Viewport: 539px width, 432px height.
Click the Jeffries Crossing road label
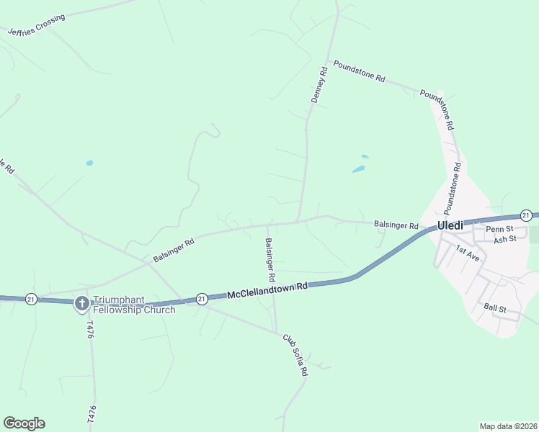tap(35, 24)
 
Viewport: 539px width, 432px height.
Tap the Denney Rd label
tap(320, 85)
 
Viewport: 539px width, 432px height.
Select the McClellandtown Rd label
tap(268, 290)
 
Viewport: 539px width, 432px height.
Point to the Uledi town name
tap(450, 226)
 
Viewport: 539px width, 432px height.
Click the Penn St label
tap(498, 230)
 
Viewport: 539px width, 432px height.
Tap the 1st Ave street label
tap(467, 251)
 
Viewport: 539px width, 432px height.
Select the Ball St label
tap(495, 308)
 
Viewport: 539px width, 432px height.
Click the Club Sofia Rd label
tap(295, 355)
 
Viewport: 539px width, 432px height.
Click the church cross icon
tap(81, 303)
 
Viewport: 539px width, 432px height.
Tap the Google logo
tap(24, 423)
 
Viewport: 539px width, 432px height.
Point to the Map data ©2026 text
tap(508, 426)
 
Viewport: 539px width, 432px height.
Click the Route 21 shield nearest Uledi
tap(526, 215)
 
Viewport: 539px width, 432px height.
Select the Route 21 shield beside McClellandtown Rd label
tap(202, 298)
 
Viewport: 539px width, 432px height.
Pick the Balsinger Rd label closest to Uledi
tap(396, 225)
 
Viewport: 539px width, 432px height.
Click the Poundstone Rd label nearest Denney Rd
tap(359, 73)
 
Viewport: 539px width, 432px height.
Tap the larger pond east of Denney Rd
tap(358, 169)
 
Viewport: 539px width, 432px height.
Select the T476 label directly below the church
tap(90, 330)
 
